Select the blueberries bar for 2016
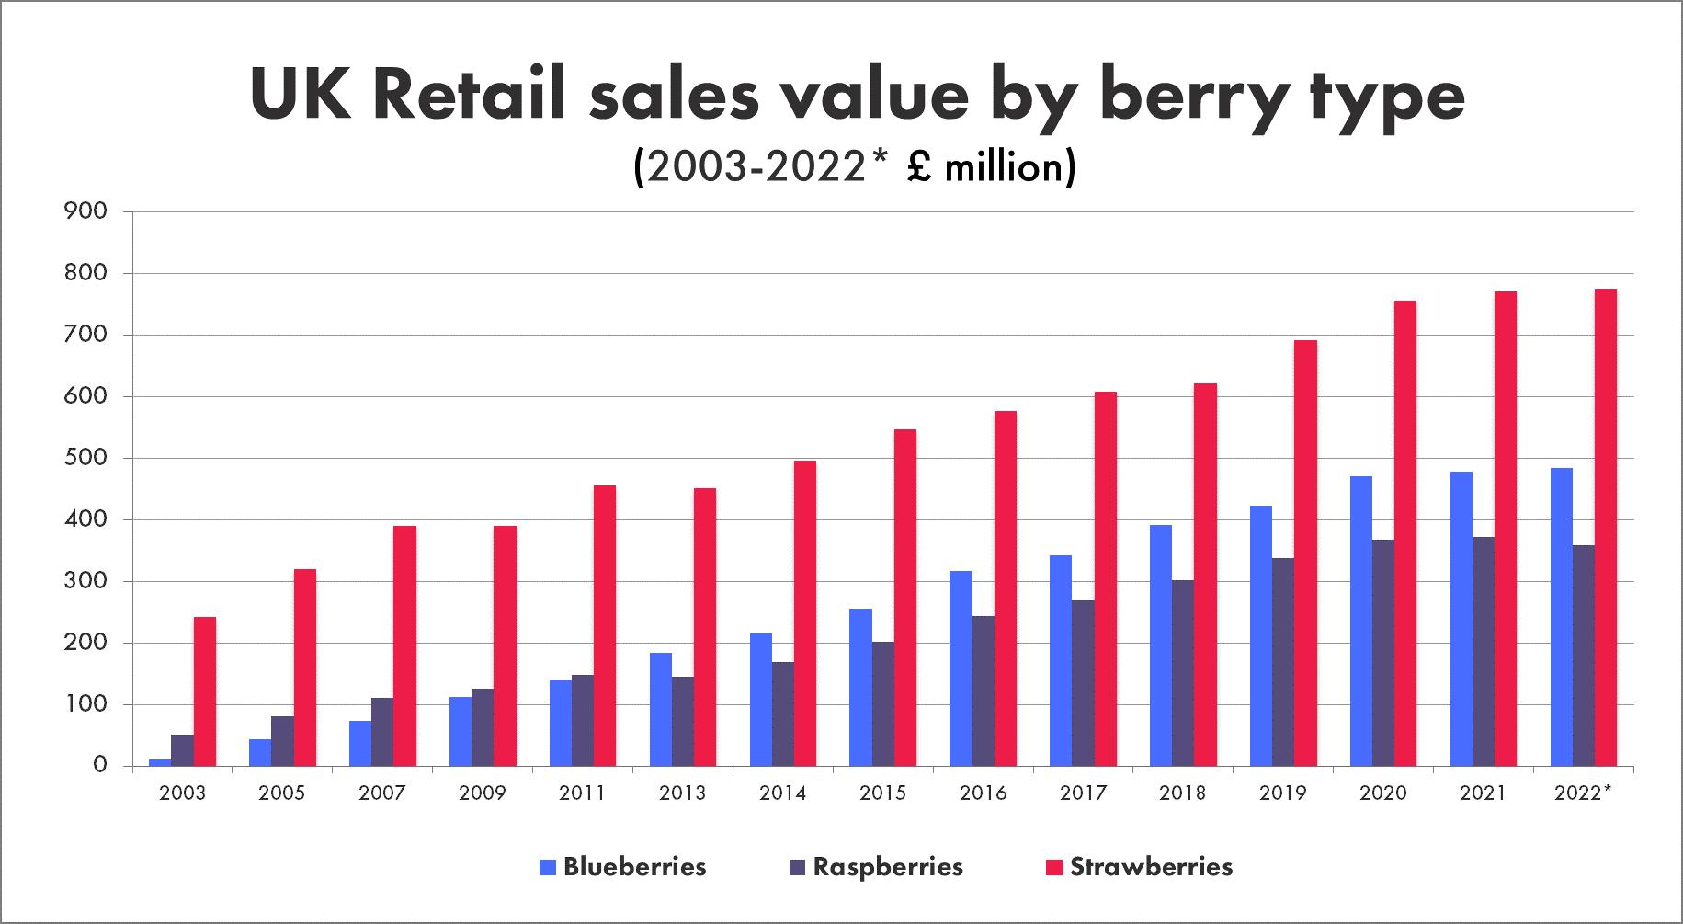(961, 668)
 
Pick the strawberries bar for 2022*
(1606, 528)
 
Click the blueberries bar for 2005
(260, 752)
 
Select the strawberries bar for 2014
(805, 613)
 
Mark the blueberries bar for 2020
(1361, 621)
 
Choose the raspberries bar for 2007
(382, 732)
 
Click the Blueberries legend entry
(624, 866)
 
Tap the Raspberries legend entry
(876, 866)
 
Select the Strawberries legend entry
(1139, 866)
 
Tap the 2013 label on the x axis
(683, 793)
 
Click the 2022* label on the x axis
(1583, 793)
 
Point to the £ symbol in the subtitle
(914, 167)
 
